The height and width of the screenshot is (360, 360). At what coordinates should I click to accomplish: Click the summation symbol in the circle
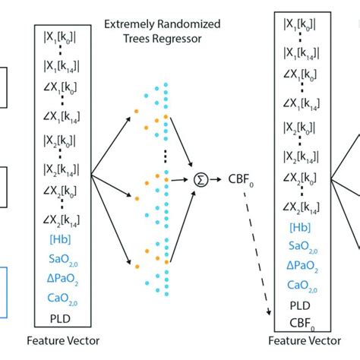pos(201,181)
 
